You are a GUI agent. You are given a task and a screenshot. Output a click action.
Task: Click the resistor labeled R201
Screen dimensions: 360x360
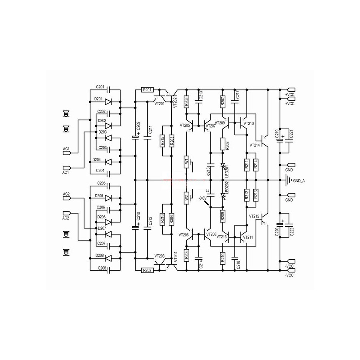pyautogui.click(x=147, y=90)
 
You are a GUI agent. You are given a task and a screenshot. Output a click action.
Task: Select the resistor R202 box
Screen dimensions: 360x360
pyautogui.click(x=147, y=270)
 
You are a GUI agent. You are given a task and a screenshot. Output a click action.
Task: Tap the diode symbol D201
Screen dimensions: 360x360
pyautogui.click(x=107, y=102)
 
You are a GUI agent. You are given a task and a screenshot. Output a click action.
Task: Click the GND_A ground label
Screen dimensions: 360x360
pyautogui.click(x=299, y=181)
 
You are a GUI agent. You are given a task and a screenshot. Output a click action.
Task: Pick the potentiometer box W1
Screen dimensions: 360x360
pyautogui.click(x=186, y=162)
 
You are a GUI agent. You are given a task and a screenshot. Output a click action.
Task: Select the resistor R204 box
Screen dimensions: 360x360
pyautogui.click(x=172, y=219)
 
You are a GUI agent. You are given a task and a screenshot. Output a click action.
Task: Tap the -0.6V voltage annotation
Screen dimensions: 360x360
pyautogui.click(x=203, y=198)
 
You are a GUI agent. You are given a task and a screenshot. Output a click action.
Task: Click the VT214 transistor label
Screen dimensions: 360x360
pyautogui.click(x=254, y=145)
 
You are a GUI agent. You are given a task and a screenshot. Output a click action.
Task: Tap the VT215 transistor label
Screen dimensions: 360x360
pyautogui.click(x=254, y=216)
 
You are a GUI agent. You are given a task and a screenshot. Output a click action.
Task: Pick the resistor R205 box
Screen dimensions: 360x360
pyautogui.click(x=186, y=102)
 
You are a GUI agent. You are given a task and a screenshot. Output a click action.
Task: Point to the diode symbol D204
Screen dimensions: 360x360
pyautogui.click(x=107, y=162)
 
